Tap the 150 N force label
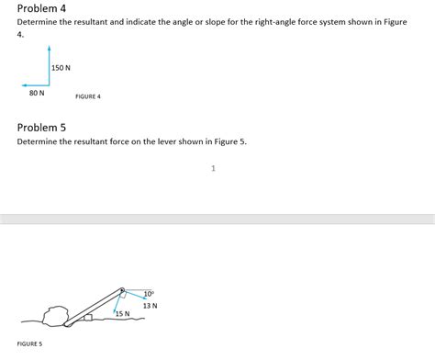click(61, 68)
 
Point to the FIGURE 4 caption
click(88, 96)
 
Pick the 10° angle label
click(149, 294)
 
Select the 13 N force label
click(150, 305)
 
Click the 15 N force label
click(122, 314)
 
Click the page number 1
click(213, 168)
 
